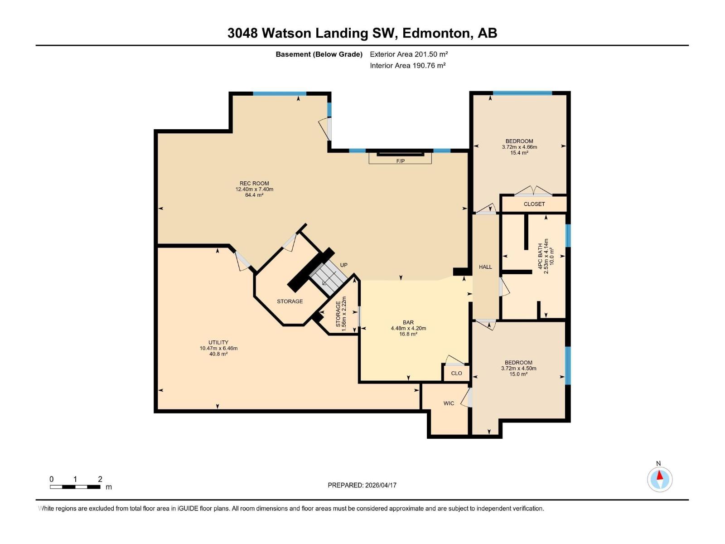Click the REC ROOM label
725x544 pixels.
point(254,184)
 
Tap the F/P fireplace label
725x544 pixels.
point(400,161)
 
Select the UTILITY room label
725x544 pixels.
point(218,343)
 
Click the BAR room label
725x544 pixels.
point(408,323)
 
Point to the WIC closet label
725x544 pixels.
point(449,403)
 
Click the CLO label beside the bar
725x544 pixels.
point(456,373)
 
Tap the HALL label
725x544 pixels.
point(485,267)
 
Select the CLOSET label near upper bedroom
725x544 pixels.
point(534,204)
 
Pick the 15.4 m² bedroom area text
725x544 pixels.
point(519,153)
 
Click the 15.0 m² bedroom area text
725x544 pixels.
point(518,374)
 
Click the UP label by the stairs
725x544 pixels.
point(344,265)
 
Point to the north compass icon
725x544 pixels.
point(660,479)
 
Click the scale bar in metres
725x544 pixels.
point(75,487)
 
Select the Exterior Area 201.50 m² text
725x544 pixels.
point(409,54)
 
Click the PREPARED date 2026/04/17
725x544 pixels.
point(362,485)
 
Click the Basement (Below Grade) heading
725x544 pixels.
point(319,54)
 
